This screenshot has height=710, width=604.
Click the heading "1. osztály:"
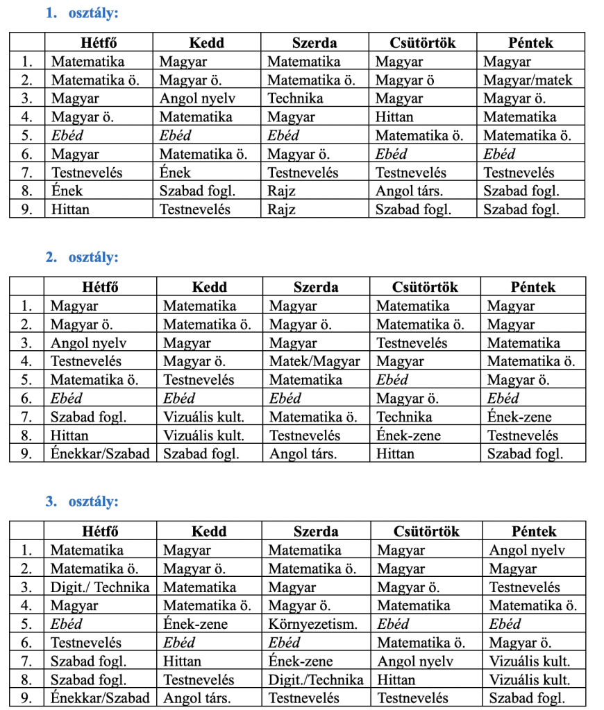(82, 12)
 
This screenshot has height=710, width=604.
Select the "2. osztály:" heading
(82, 257)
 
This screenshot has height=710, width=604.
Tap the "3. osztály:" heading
(82, 501)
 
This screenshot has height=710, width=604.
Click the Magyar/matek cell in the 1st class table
(528, 80)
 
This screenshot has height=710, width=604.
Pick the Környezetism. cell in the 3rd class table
(313, 624)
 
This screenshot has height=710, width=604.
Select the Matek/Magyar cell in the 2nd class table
(314, 361)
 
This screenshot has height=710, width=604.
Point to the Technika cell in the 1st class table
(295, 98)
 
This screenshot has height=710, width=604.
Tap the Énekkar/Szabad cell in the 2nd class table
(100, 454)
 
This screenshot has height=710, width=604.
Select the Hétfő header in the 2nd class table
(100, 287)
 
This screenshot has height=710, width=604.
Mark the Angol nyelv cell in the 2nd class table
(88, 343)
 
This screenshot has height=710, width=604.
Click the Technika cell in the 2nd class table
(404, 417)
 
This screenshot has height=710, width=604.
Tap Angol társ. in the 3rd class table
(196, 698)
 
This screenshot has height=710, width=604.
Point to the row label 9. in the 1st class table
(27, 209)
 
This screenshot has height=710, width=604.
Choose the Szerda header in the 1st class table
(314, 43)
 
